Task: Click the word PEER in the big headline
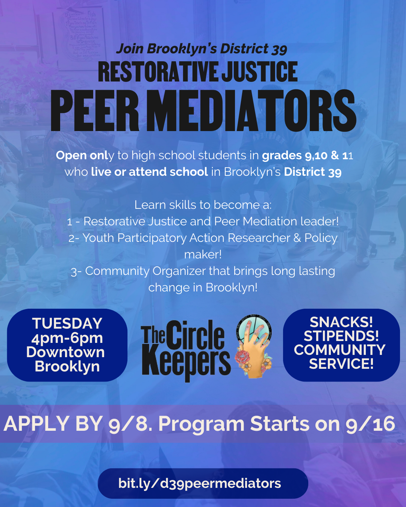pyautogui.click(x=95, y=110)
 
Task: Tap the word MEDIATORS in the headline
pyautogui.click(x=251, y=110)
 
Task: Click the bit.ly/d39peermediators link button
pyautogui.click(x=203, y=483)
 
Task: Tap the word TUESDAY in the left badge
pyautogui.click(x=67, y=323)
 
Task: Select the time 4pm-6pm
pyautogui.click(x=67, y=338)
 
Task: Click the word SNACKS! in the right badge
pyautogui.click(x=341, y=322)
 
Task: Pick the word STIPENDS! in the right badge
pyautogui.click(x=341, y=336)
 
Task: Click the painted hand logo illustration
pyautogui.click(x=254, y=346)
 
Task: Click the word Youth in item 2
pyautogui.click(x=98, y=238)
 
